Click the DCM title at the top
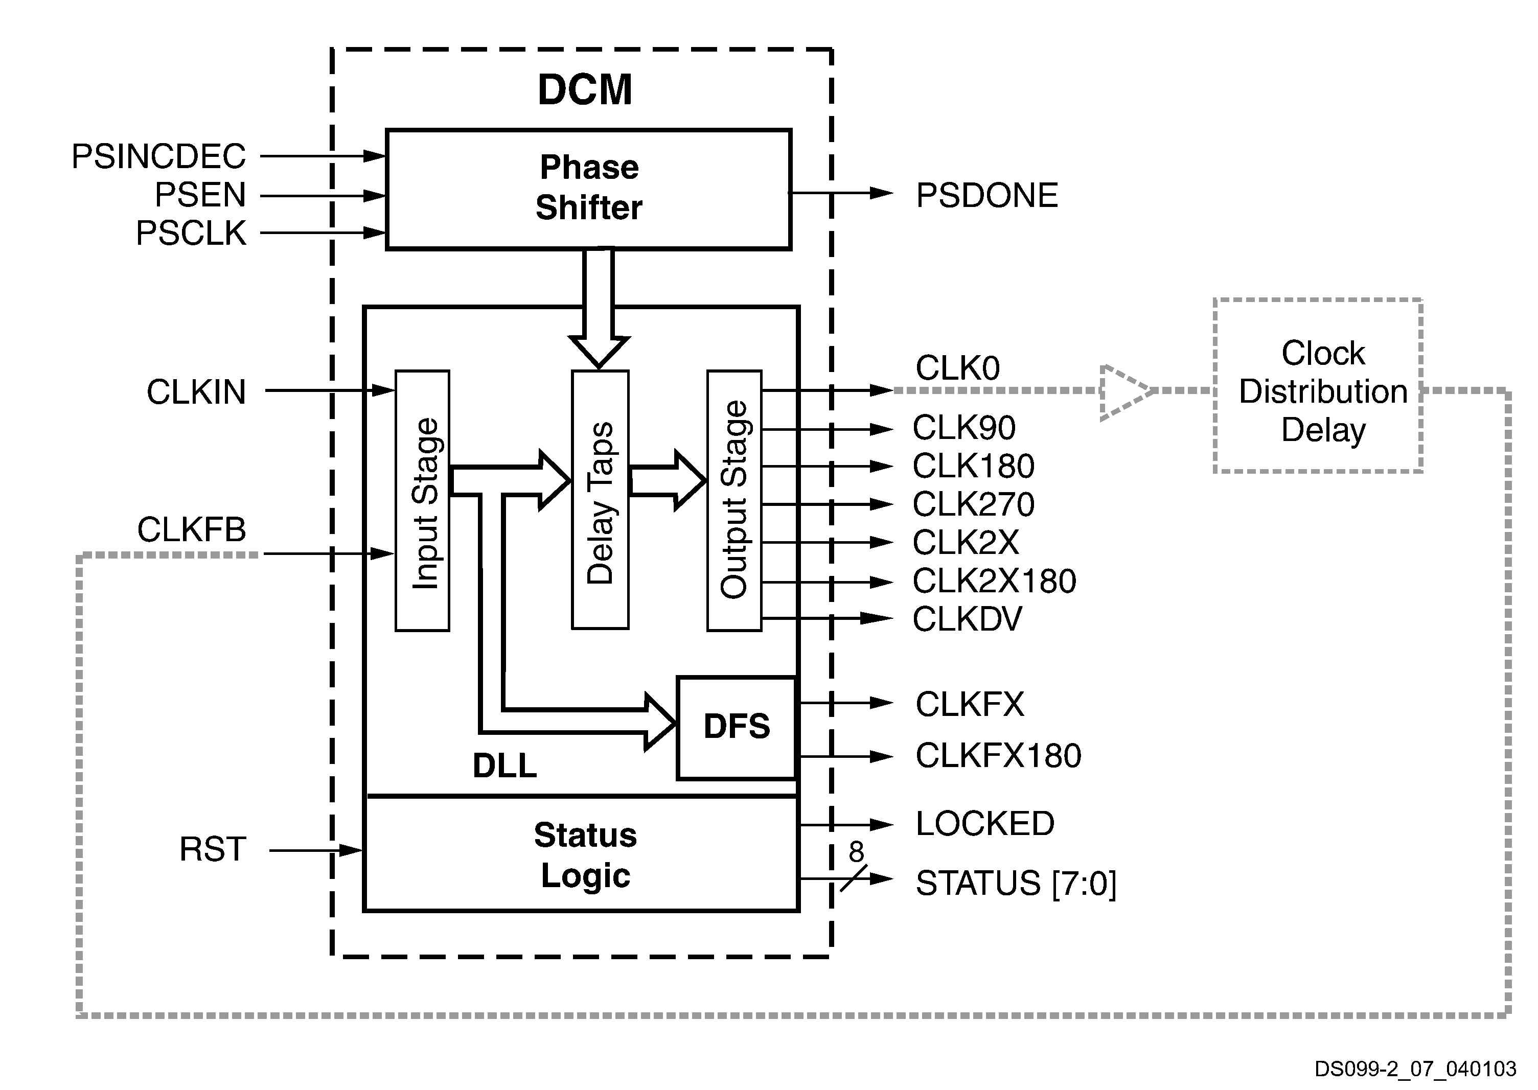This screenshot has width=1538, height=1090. coord(585,89)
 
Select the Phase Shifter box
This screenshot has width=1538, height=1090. coord(588,189)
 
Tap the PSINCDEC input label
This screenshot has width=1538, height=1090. coord(158,156)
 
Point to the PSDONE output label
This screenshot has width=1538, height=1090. coord(987,195)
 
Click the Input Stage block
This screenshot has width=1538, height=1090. coord(422,501)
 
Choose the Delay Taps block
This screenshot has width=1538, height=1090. coord(600,501)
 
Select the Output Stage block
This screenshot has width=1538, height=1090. coord(734,501)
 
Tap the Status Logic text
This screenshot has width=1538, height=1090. coord(585,855)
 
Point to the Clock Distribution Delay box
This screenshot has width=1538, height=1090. coord(1318,386)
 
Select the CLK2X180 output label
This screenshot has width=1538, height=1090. coord(994,581)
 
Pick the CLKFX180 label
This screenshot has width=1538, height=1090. coord(998,756)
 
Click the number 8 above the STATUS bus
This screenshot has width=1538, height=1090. coord(856,852)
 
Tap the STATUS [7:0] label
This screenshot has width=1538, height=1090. coord(1016,883)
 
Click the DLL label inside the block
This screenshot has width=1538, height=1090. coord(505,765)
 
